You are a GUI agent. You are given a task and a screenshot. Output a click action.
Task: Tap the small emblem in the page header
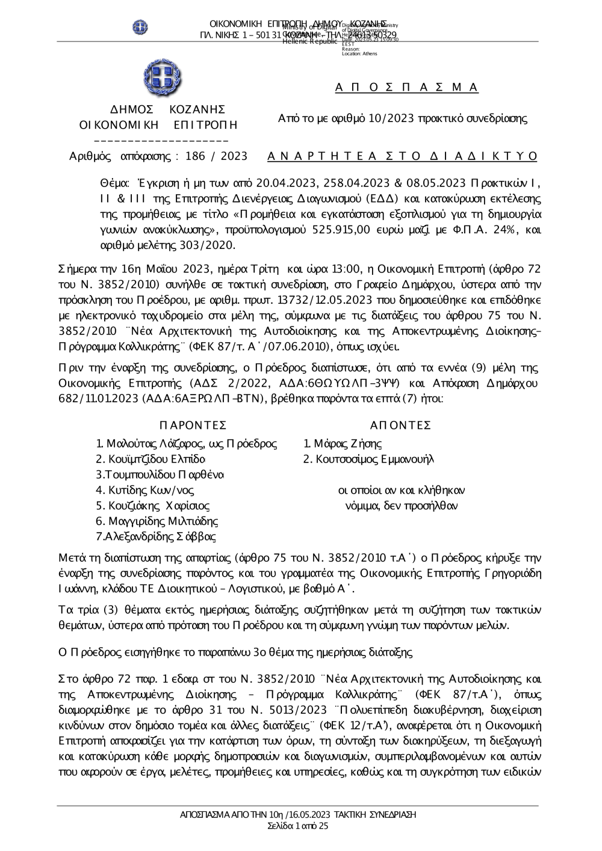(x=140, y=27)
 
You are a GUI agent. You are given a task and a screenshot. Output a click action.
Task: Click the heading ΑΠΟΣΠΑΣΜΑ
(x=406, y=88)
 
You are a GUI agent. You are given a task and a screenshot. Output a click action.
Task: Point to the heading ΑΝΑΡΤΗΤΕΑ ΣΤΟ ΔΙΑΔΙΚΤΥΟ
(x=402, y=156)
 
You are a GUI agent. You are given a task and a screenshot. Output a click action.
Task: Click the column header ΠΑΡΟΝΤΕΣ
(x=193, y=426)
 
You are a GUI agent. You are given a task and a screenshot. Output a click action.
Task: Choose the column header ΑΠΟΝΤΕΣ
(x=400, y=426)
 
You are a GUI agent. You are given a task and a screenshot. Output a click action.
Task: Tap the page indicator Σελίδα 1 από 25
(x=298, y=826)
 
